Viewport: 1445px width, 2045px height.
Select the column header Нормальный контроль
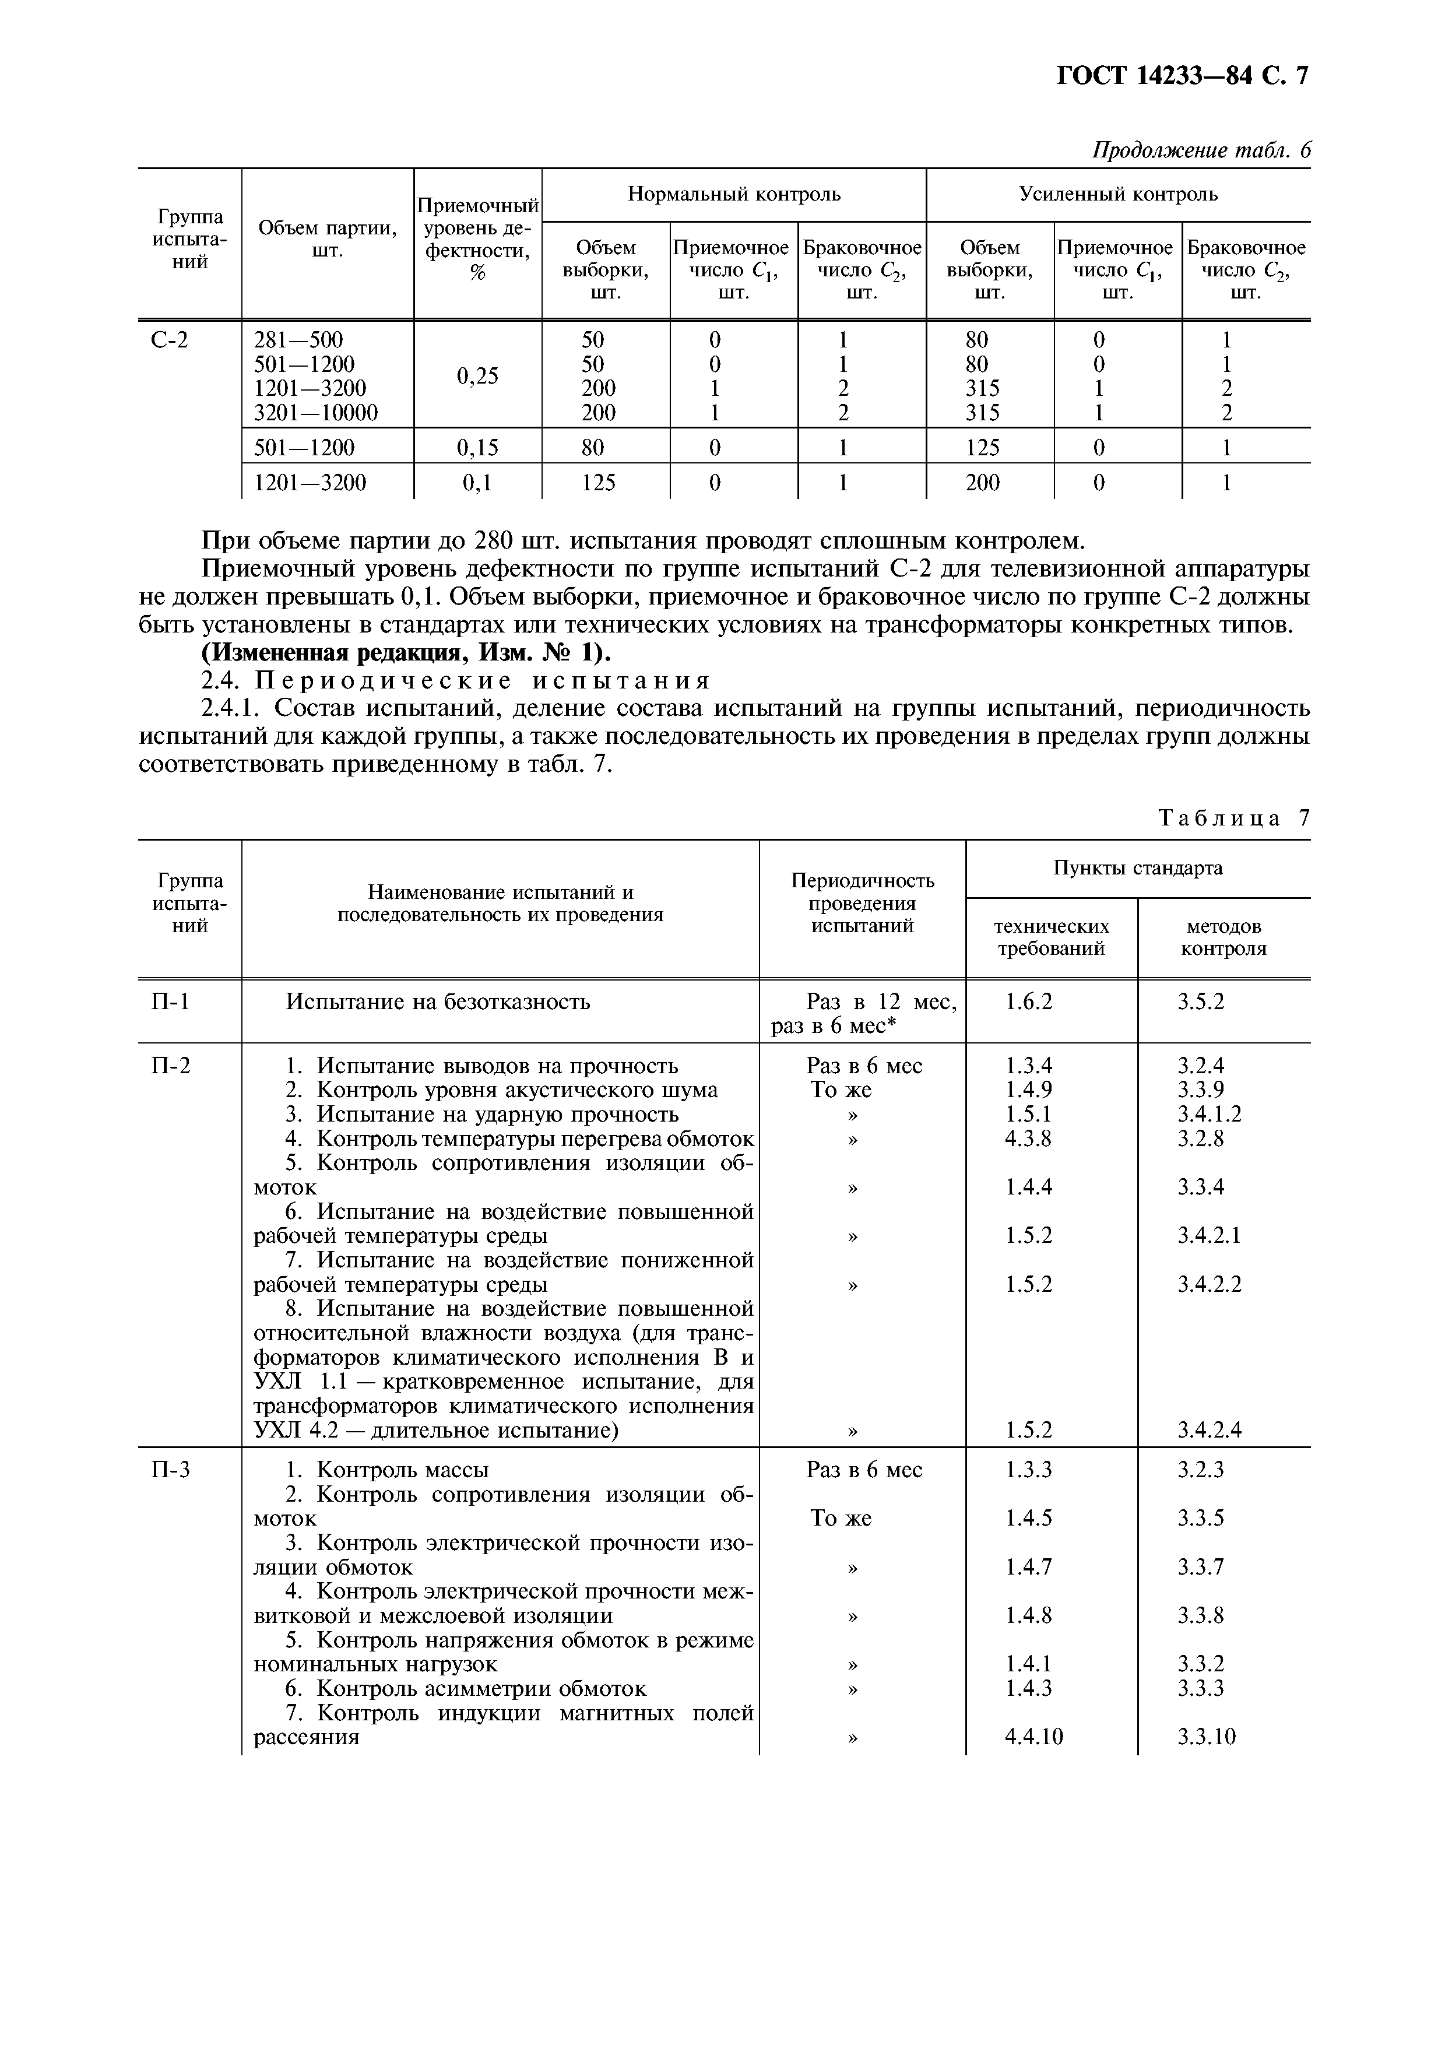(x=734, y=194)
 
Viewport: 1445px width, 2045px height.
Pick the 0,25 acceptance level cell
(x=477, y=376)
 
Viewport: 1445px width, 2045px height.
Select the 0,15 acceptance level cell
(x=477, y=447)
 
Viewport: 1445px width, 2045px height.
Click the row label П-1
(x=171, y=1002)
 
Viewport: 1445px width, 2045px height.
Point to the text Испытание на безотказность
(x=437, y=1002)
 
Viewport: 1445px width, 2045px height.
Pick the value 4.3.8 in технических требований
(x=1028, y=1139)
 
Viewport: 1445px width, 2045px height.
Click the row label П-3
(x=171, y=1470)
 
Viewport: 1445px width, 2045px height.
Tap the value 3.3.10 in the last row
(x=1207, y=1736)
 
